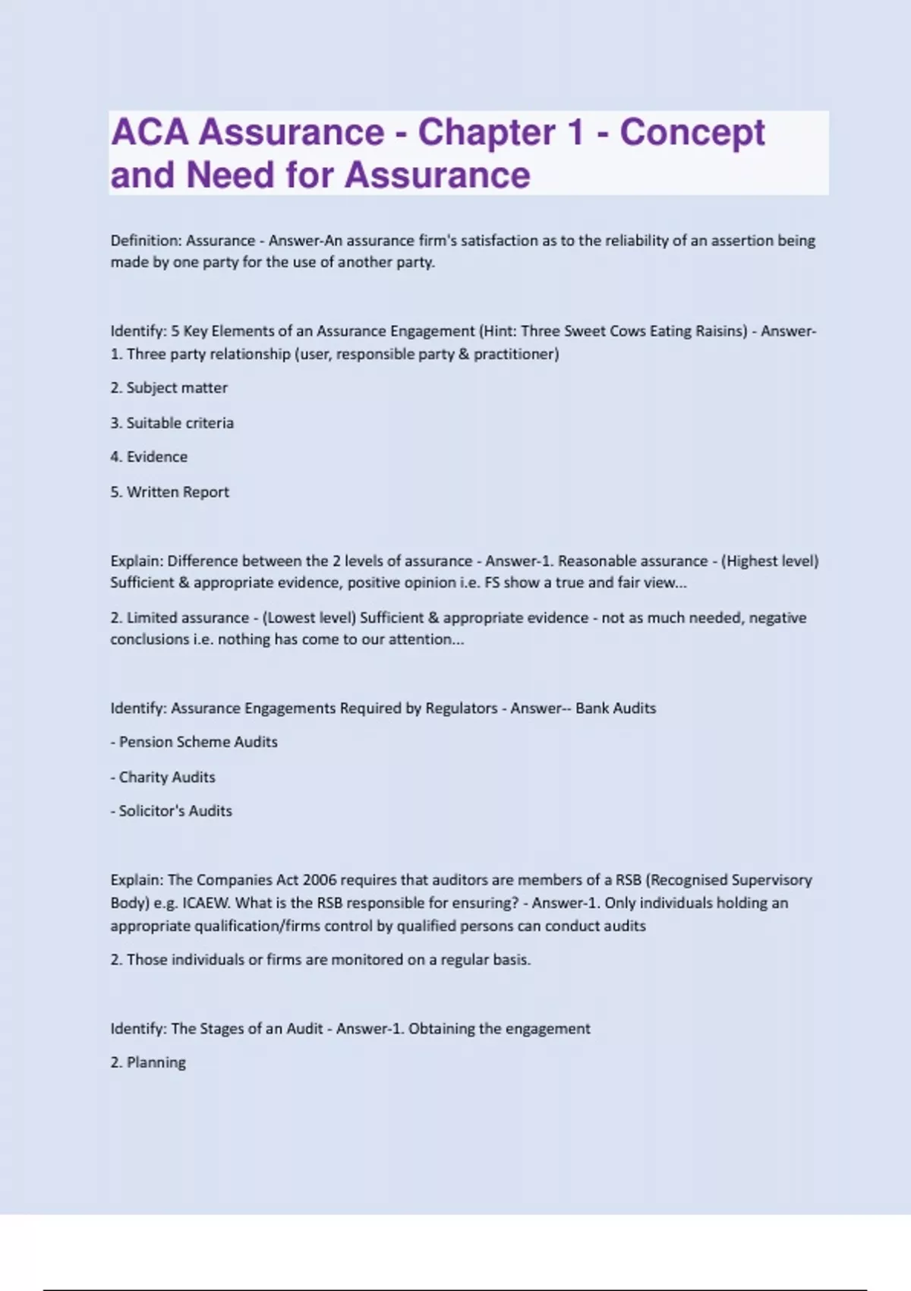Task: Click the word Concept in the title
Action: [x=692, y=133]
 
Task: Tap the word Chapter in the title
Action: [x=487, y=133]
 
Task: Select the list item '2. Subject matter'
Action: [x=169, y=388]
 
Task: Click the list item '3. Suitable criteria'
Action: [x=172, y=423]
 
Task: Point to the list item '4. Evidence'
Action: [x=149, y=457]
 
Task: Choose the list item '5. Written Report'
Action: [x=169, y=492]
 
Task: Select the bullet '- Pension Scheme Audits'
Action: [x=194, y=742]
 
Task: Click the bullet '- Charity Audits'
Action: [x=162, y=777]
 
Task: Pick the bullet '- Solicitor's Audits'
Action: [x=171, y=811]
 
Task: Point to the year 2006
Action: [x=319, y=880]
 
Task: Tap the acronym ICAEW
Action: [x=204, y=903]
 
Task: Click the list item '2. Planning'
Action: [x=148, y=1062]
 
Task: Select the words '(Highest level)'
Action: [x=770, y=561]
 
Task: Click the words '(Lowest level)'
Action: [x=309, y=618]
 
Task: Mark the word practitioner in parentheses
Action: [x=516, y=354]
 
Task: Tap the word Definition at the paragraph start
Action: [x=146, y=241]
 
